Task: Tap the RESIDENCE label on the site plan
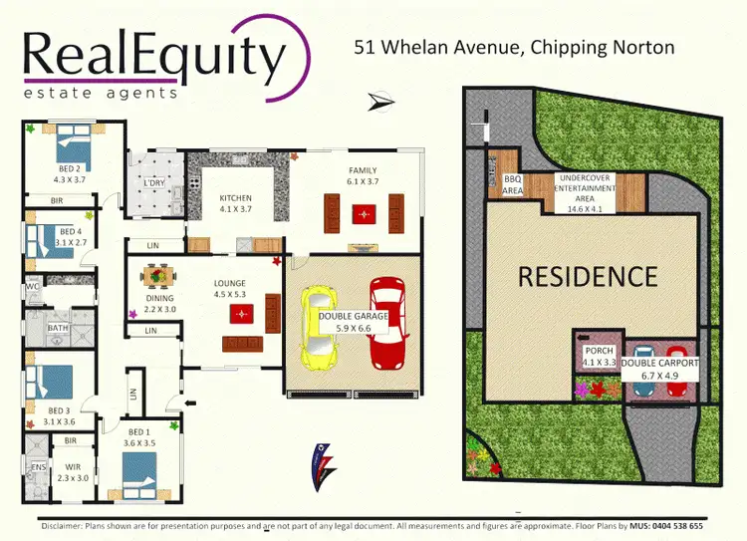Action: [587, 276]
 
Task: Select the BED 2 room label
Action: [70, 168]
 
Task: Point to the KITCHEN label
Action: [236, 197]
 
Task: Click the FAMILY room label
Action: [363, 170]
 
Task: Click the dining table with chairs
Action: [156, 275]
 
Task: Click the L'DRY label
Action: [154, 183]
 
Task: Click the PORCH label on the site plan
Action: [600, 351]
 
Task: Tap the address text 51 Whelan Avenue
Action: [433, 47]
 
